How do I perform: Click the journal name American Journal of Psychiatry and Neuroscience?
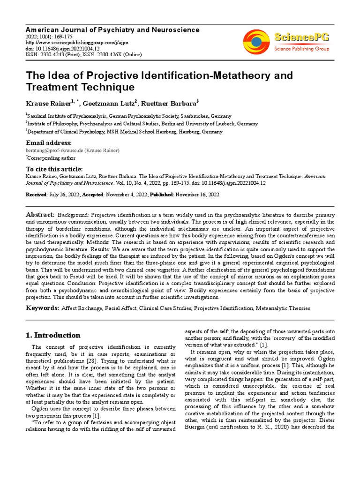(112, 30)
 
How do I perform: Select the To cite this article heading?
(54, 169)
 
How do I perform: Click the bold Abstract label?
(40, 214)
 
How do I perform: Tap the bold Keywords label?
(42, 308)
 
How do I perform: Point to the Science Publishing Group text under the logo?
(301, 49)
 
